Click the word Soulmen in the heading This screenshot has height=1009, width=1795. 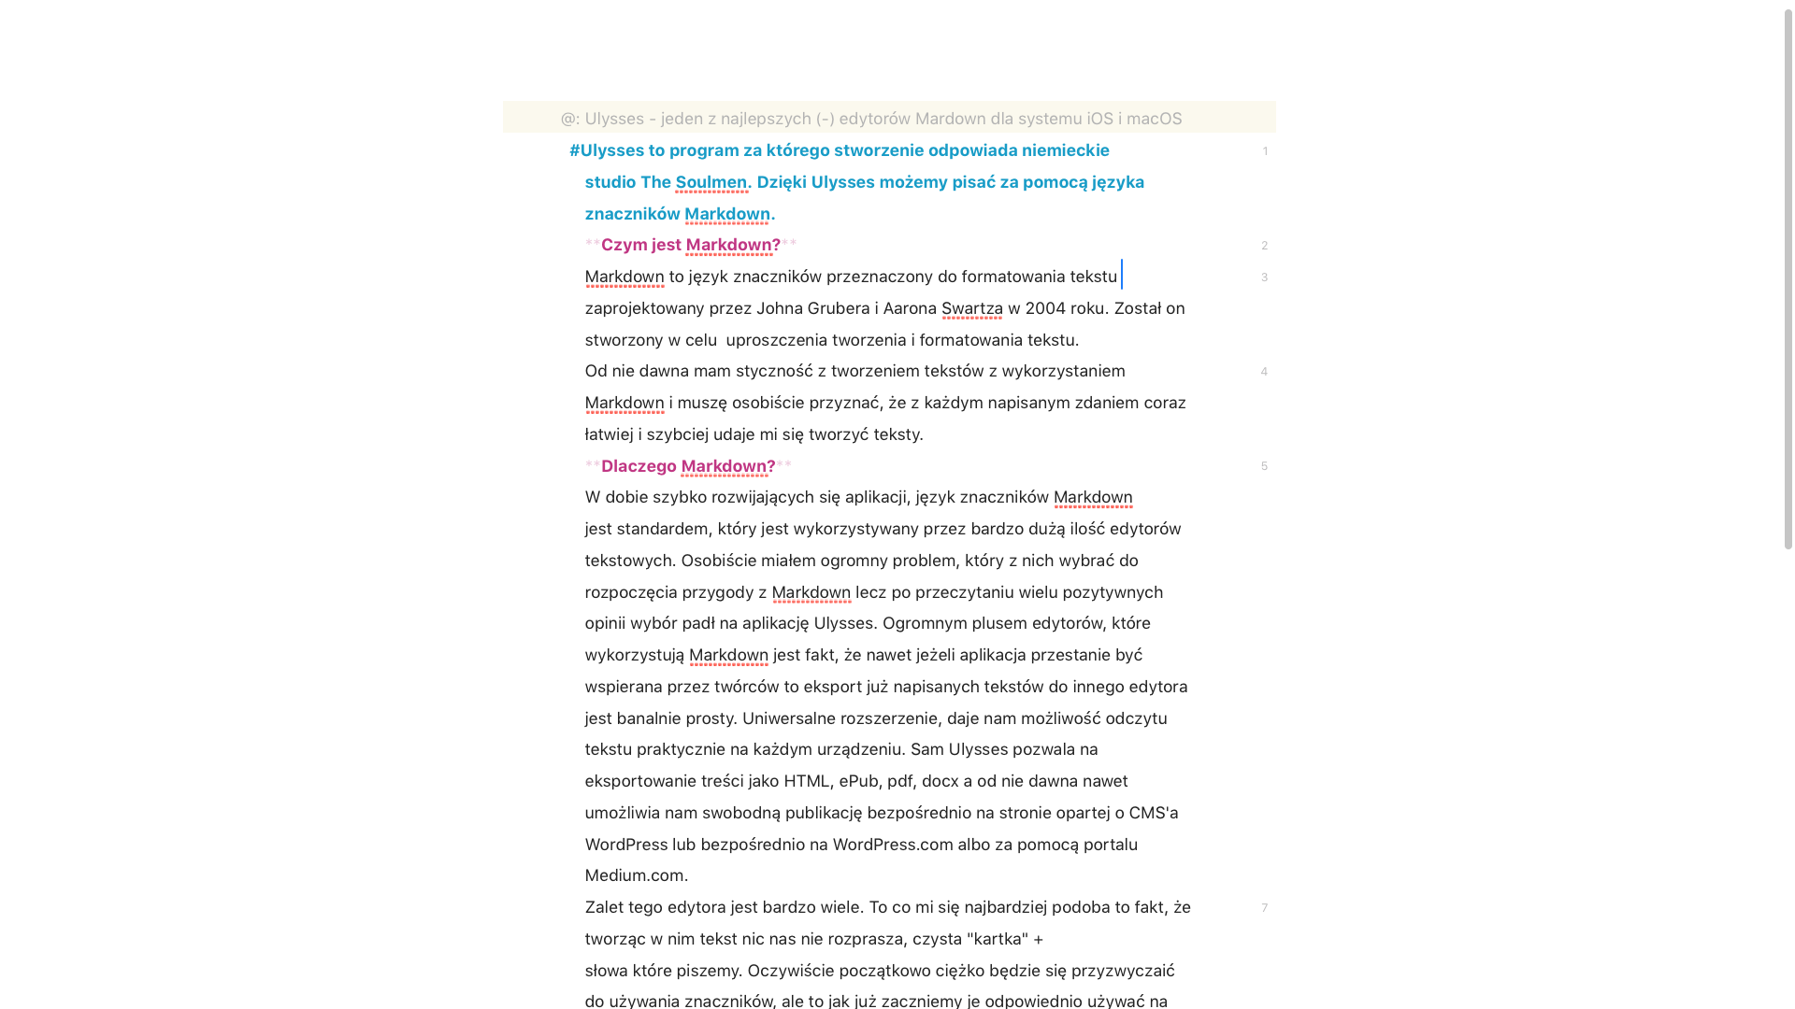(x=711, y=182)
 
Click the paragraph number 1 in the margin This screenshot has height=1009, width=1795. (x=1265, y=151)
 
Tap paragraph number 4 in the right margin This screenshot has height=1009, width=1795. (x=1264, y=372)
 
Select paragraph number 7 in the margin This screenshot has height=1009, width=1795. (x=1264, y=908)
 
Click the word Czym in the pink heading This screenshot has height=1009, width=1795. (x=624, y=245)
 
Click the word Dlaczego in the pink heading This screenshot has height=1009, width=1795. (x=639, y=466)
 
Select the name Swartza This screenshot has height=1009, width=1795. (x=971, y=308)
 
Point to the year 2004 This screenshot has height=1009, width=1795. (x=1045, y=308)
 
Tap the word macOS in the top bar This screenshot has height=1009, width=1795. (x=1154, y=119)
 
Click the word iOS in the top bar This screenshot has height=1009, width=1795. (x=1099, y=119)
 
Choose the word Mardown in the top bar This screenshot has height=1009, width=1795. (x=950, y=119)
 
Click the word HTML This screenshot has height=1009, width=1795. (x=807, y=781)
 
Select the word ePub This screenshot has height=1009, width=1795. (x=858, y=781)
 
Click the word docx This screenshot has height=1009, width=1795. (x=940, y=781)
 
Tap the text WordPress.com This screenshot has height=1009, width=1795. (x=893, y=845)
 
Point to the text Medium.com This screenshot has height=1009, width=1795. (x=636, y=875)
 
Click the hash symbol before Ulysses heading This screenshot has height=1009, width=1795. (x=574, y=150)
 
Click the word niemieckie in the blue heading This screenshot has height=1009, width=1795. (x=1065, y=150)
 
